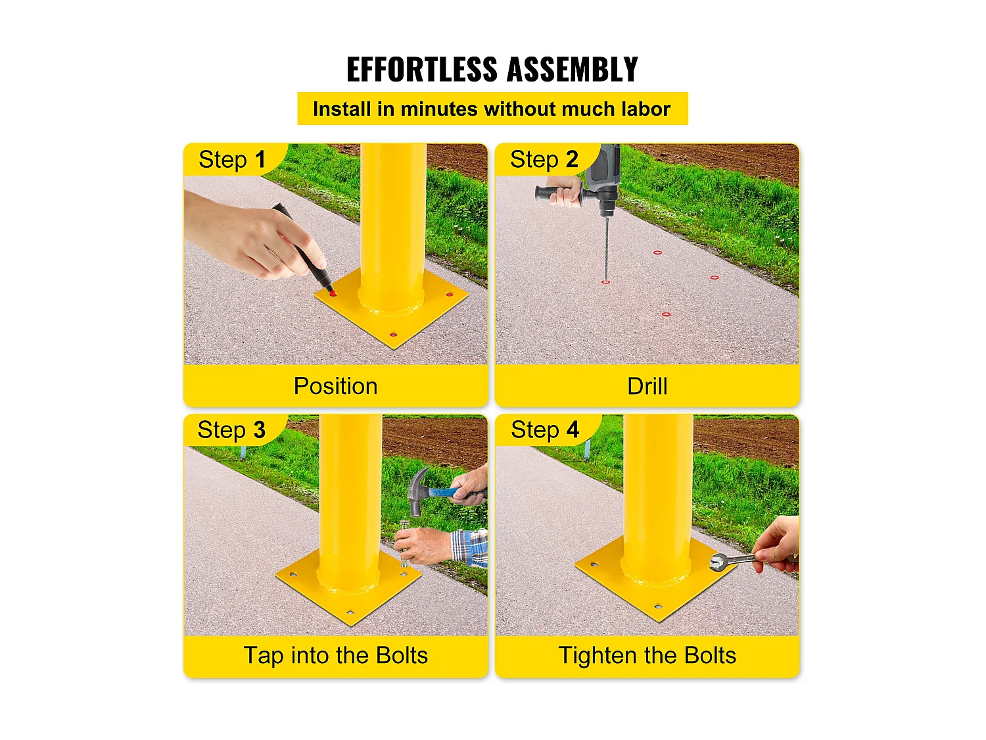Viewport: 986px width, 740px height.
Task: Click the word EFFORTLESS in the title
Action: pos(421,70)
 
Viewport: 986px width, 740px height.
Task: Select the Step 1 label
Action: pos(232,160)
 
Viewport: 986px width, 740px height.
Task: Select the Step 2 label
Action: pos(544,160)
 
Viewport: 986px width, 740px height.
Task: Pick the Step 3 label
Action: pos(231,430)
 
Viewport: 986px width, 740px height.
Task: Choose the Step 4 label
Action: pos(545,430)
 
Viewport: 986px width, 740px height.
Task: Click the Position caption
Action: pos(335,386)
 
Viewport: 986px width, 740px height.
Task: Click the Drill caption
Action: pos(647,386)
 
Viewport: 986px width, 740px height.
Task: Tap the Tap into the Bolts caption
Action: pos(335,656)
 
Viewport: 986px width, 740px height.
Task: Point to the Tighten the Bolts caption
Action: pos(647,656)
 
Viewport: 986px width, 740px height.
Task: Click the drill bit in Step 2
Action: pos(606,250)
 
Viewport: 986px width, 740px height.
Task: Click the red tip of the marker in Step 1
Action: pos(332,293)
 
